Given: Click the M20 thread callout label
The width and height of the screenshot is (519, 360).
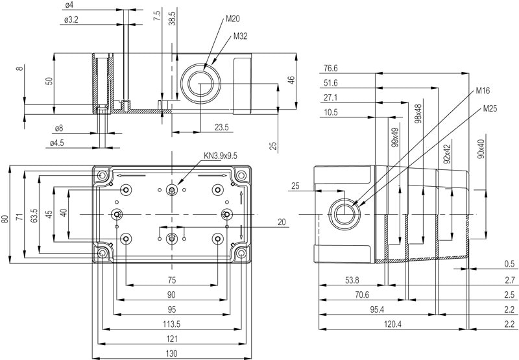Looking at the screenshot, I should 232,18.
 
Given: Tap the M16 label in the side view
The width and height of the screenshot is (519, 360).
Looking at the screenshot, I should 482,90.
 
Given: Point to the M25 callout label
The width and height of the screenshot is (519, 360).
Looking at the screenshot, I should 490,108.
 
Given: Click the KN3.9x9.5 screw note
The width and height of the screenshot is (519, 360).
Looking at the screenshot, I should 221,155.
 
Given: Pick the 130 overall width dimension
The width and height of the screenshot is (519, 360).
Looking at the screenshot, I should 171,353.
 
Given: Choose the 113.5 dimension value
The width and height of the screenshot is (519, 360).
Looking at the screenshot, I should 171,324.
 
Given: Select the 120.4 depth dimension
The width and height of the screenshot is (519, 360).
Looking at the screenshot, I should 393,324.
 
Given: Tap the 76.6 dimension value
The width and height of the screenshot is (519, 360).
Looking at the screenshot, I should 331,68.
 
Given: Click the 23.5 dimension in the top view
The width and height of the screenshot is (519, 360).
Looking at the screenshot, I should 222,127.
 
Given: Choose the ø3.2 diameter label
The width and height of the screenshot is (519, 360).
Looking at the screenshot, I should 71,20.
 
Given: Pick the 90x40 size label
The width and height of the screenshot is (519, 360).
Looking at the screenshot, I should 481,149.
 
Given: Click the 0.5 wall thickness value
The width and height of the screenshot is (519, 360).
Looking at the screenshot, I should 509,264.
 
